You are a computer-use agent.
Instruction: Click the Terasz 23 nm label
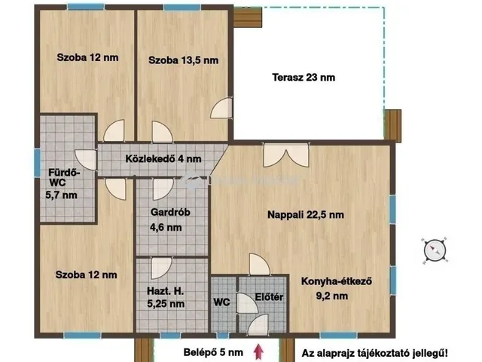tap(303, 77)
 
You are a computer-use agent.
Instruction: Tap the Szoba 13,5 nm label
tap(183, 60)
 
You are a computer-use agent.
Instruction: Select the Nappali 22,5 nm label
tap(306, 215)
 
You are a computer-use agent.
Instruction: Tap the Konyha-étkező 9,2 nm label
tap(338, 289)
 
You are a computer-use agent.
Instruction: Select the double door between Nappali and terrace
tap(274, 155)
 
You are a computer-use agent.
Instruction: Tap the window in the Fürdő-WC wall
tap(36, 161)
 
